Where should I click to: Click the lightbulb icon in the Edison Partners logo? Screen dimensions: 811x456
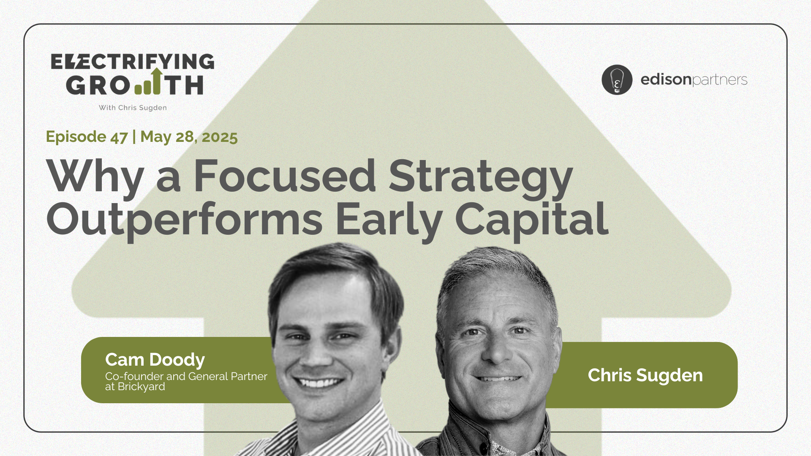[617, 79]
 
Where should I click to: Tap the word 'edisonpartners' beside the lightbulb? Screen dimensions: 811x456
[694, 80]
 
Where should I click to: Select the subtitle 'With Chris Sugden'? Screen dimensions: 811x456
[133, 108]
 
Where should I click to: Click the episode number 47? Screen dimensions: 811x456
[119, 137]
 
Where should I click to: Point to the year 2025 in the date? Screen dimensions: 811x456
[220, 137]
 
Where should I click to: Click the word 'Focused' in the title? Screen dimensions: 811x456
[285, 176]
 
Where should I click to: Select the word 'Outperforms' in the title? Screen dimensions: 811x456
[185, 221]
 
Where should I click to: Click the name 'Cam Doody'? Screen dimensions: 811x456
[155, 360]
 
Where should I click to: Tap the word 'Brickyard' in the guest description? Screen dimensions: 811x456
[141, 387]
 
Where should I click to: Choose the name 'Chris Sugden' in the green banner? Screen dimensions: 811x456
[645, 375]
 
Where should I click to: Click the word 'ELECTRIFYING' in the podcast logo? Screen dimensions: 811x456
[133, 62]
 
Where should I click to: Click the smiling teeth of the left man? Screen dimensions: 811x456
[320, 383]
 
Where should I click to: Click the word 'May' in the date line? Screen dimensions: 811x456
[155, 137]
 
